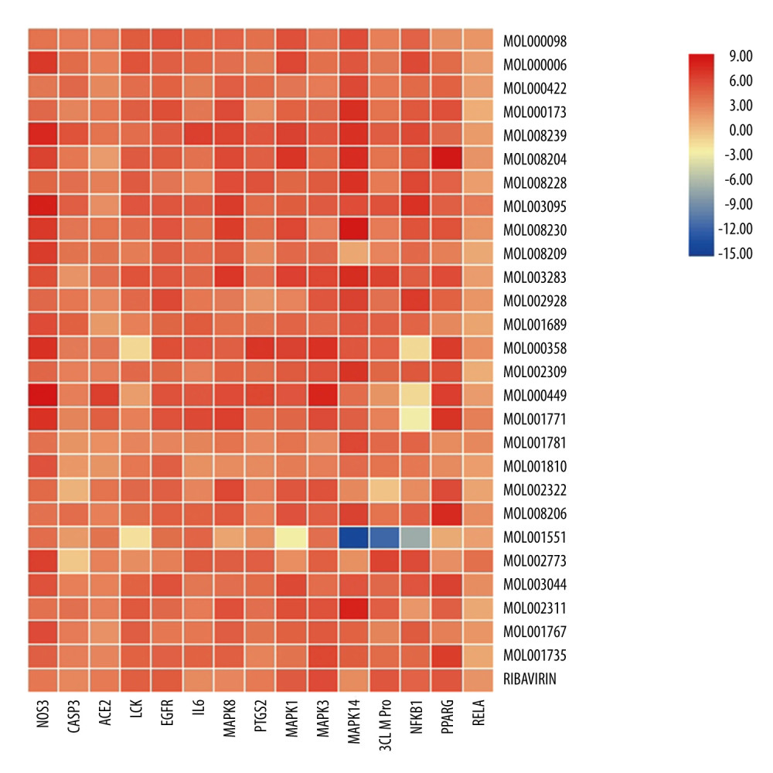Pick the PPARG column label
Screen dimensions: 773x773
click(x=446, y=719)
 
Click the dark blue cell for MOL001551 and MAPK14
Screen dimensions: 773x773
click(x=353, y=537)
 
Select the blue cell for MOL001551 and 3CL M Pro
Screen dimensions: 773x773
click(x=384, y=537)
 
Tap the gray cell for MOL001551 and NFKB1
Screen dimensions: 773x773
click(x=415, y=537)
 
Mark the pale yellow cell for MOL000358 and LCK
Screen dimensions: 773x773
click(x=136, y=348)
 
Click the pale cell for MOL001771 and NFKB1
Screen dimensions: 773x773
click(x=415, y=419)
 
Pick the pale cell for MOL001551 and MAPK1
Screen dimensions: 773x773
click(x=291, y=537)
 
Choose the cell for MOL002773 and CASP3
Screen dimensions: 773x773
click(x=74, y=561)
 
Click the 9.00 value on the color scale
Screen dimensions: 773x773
click(x=741, y=56)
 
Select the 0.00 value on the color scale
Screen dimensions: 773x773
click(x=741, y=130)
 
